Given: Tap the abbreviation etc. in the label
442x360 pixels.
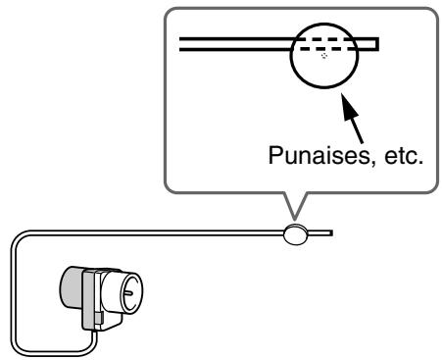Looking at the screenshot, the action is click(x=404, y=156).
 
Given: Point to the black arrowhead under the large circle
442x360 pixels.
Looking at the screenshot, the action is click(x=349, y=107).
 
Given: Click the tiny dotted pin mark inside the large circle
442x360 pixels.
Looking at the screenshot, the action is click(x=324, y=56).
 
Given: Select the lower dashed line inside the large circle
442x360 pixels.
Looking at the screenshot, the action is click(x=327, y=49).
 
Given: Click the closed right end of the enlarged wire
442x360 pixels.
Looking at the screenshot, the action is click(x=377, y=44).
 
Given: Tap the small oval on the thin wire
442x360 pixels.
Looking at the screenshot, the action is click(x=295, y=233).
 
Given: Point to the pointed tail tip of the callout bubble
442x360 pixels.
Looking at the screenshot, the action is click(x=295, y=220).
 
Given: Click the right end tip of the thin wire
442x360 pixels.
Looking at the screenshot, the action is click(x=332, y=233).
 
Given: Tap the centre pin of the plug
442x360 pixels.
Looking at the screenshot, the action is click(x=128, y=293).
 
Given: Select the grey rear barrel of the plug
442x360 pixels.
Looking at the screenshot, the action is click(x=72, y=287).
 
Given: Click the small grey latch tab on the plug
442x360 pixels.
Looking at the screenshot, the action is click(x=99, y=317).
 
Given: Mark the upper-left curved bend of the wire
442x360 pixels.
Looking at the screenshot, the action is click(x=21, y=238).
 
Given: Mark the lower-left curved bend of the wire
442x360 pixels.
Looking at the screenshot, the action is click(x=21, y=347).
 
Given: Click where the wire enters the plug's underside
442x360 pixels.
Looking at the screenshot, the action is click(x=94, y=333).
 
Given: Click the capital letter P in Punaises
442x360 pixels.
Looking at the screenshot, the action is click(x=275, y=156).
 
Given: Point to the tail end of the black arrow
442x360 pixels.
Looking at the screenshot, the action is click(x=362, y=142).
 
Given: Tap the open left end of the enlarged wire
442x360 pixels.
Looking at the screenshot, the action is click(x=180, y=44).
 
